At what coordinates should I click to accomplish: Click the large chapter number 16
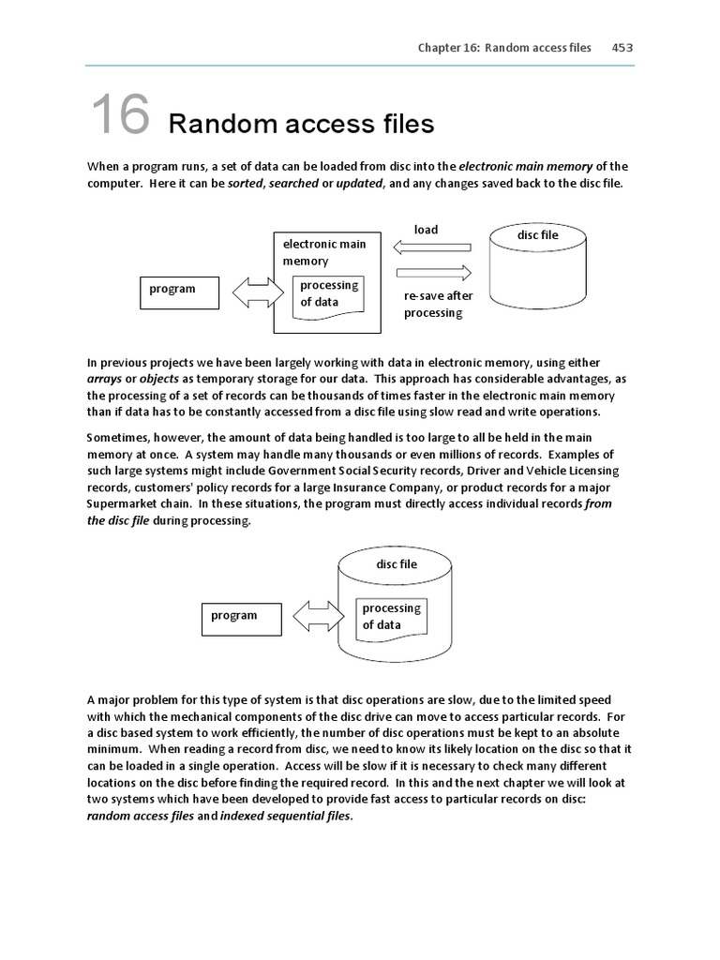pyautogui.click(x=120, y=115)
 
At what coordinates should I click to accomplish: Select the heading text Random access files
pyautogui.click(x=301, y=124)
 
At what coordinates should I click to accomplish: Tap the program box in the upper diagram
pyautogui.click(x=179, y=291)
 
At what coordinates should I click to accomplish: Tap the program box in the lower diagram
pyautogui.click(x=240, y=617)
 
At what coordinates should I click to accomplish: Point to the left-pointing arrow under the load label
pyautogui.click(x=431, y=248)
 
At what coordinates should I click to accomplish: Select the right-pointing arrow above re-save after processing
pyautogui.click(x=431, y=273)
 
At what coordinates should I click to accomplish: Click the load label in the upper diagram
pyautogui.click(x=426, y=230)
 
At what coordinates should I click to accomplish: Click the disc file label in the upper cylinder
pyautogui.click(x=537, y=235)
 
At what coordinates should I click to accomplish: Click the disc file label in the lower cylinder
pyautogui.click(x=397, y=564)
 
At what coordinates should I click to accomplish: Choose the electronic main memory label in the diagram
pyautogui.click(x=323, y=252)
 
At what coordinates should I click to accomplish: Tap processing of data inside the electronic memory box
pyautogui.click(x=328, y=293)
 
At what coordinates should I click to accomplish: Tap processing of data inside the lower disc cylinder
pyautogui.click(x=391, y=617)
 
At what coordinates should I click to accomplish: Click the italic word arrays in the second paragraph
pyautogui.click(x=107, y=379)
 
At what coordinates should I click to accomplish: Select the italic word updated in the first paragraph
pyautogui.click(x=359, y=184)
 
